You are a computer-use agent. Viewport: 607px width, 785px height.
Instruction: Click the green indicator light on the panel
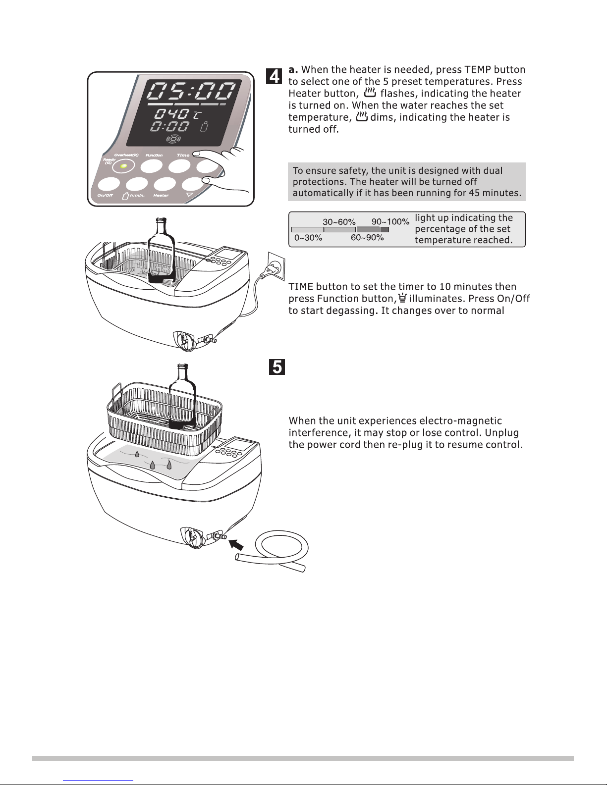tap(123, 166)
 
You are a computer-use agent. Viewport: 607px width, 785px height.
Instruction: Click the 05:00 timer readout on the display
tap(193, 93)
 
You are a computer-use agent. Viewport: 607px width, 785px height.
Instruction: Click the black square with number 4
tap(275, 77)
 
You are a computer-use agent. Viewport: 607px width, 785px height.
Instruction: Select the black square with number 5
tap(277, 367)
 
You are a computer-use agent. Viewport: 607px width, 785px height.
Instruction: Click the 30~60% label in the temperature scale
tap(339, 222)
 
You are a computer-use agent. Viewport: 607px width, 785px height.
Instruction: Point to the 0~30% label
tap(308, 238)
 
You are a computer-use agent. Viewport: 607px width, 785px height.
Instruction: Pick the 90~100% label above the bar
tap(390, 222)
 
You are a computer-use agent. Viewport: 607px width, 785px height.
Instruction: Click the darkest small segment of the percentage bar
tap(385, 230)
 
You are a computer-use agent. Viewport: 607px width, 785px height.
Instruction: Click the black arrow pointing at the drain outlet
tap(237, 545)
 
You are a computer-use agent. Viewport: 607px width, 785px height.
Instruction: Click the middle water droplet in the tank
tap(153, 466)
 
